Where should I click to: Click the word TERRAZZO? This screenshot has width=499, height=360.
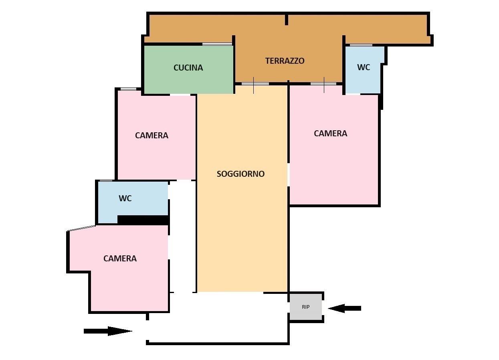pyautogui.click(x=285, y=61)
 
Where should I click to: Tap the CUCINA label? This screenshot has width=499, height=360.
pyautogui.click(x=188, y=68)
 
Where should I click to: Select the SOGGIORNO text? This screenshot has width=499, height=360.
pyautogui.click(x=240, y=174)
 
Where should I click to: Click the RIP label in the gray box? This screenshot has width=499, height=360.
pyautogui.click(x=306, y=307)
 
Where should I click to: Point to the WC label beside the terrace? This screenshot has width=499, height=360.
pyautogui.click(x=364, y=67)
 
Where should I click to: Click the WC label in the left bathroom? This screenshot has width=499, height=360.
pyautogui.click(x=125, y=198)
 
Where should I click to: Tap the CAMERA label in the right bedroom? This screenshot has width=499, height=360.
pyautogui.click(x=330, y=133)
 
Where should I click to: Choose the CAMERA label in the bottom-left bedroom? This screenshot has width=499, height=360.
pyautogui.click(x=120, y=259)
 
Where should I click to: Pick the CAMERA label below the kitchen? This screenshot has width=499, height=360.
pyautogui.click(x=152, y=136)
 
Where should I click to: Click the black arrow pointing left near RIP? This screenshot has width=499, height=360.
pyautogui.click(x=344, y=308)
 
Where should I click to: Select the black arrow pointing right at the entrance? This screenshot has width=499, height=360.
pyautogui.click(x=108, y=331)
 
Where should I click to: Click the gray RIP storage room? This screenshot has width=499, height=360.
pyautogui.click(x=306, y=307)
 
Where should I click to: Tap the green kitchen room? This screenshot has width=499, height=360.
pyautogui.click(x=188, y=69)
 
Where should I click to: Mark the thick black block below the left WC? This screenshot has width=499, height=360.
pyautogui.click(x=143, y=220)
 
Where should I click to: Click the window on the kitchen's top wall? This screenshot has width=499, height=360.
pyautogui.click(x=217, y=44)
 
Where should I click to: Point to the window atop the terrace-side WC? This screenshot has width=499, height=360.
pyautogui.click(x=361, y=45)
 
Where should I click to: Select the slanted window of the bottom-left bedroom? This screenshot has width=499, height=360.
pyautogui.click(x=81, y=228)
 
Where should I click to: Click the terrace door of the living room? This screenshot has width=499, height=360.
pyautogui.click(x=255, y=84)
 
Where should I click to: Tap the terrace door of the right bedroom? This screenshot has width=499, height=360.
pyautogui.click(x=323, y=84)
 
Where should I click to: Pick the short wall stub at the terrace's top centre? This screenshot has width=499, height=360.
pyautogui.click(x=287, y=20)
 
